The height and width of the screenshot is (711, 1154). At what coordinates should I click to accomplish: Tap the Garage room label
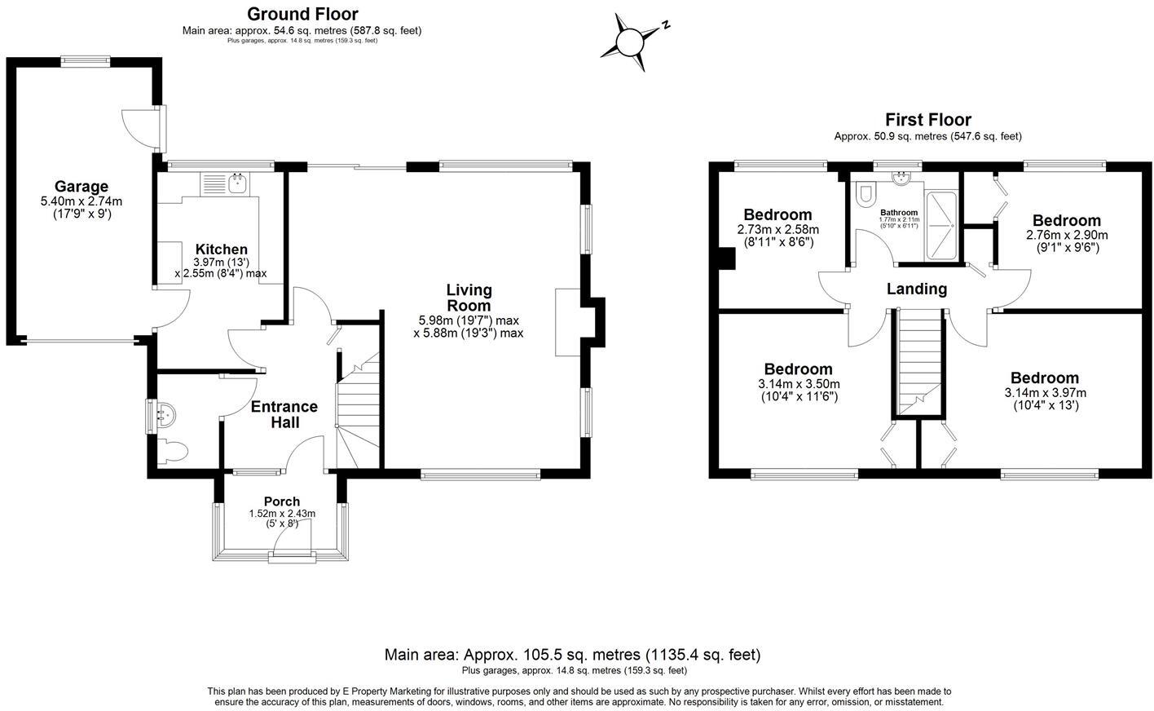81,187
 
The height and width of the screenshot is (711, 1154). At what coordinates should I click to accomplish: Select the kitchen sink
238,184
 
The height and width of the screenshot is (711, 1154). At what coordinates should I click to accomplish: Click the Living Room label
469,297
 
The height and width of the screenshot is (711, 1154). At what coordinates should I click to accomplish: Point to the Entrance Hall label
284,414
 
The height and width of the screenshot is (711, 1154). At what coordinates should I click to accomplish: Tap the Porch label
282,501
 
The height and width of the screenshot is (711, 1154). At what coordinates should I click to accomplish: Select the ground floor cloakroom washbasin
164,414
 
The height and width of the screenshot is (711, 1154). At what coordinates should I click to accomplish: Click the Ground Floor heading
302,14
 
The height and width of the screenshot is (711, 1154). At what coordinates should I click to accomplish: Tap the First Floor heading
928,120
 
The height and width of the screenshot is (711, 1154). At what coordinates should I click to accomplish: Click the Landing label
917,289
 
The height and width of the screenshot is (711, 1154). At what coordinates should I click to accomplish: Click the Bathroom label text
899,213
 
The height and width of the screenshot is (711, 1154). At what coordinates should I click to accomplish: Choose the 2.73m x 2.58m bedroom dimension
777,230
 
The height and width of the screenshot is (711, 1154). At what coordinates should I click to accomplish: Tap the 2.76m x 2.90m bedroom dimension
1066,235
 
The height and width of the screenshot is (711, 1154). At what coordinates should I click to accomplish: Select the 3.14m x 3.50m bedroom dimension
799,385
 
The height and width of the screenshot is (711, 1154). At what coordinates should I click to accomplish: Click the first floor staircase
918,363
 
